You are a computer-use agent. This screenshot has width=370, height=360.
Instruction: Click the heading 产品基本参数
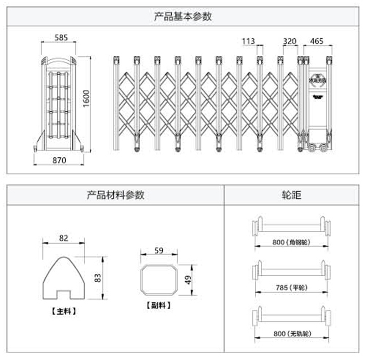(x=183, y=16)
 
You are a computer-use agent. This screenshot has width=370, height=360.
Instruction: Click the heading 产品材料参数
(x=115, y=195)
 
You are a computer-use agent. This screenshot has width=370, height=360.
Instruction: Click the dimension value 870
(x=59, y=160)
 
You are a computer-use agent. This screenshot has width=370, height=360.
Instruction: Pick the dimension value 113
(x=248, y=41)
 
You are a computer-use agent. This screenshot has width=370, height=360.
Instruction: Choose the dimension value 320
(x=289, y=41)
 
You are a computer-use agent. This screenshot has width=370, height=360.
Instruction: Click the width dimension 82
(x=63, y=238)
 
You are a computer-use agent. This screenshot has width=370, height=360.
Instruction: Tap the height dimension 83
(x=98, y=278)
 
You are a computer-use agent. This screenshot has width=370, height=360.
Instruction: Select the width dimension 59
(x=159, y=251)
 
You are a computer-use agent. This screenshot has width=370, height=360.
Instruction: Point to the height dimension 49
(x=188, y=279)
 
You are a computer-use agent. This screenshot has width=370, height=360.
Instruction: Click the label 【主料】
(x=63, y=311)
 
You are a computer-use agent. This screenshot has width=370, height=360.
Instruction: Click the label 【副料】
(x=158, y=305)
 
